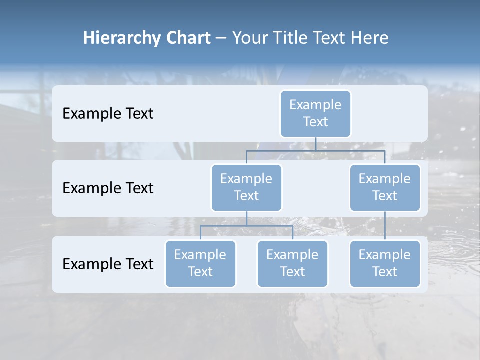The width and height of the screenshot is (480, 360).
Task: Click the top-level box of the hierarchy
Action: point(315,113)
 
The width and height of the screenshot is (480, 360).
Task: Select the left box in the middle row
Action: point(246,187)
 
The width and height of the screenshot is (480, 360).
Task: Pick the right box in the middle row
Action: point(385,187)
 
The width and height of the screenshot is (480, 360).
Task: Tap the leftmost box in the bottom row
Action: point(200,263)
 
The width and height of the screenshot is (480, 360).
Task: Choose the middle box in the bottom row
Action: point(292,263)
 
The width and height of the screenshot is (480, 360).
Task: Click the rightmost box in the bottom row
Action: point(385,263)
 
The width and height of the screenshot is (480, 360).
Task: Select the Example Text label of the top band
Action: point(108,114)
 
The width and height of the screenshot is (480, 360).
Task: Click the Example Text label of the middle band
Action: point(108,188)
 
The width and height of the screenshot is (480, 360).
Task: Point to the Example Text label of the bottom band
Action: point(108,264)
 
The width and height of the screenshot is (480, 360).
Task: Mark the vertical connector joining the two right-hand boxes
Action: point(385,226)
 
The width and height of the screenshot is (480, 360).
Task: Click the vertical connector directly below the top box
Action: point(315,144)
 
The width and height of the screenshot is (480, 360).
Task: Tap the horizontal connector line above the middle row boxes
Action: point(315,150)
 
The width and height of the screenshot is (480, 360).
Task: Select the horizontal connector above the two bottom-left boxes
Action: point(246,226)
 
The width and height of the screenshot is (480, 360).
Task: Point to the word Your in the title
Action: point(249,38)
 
